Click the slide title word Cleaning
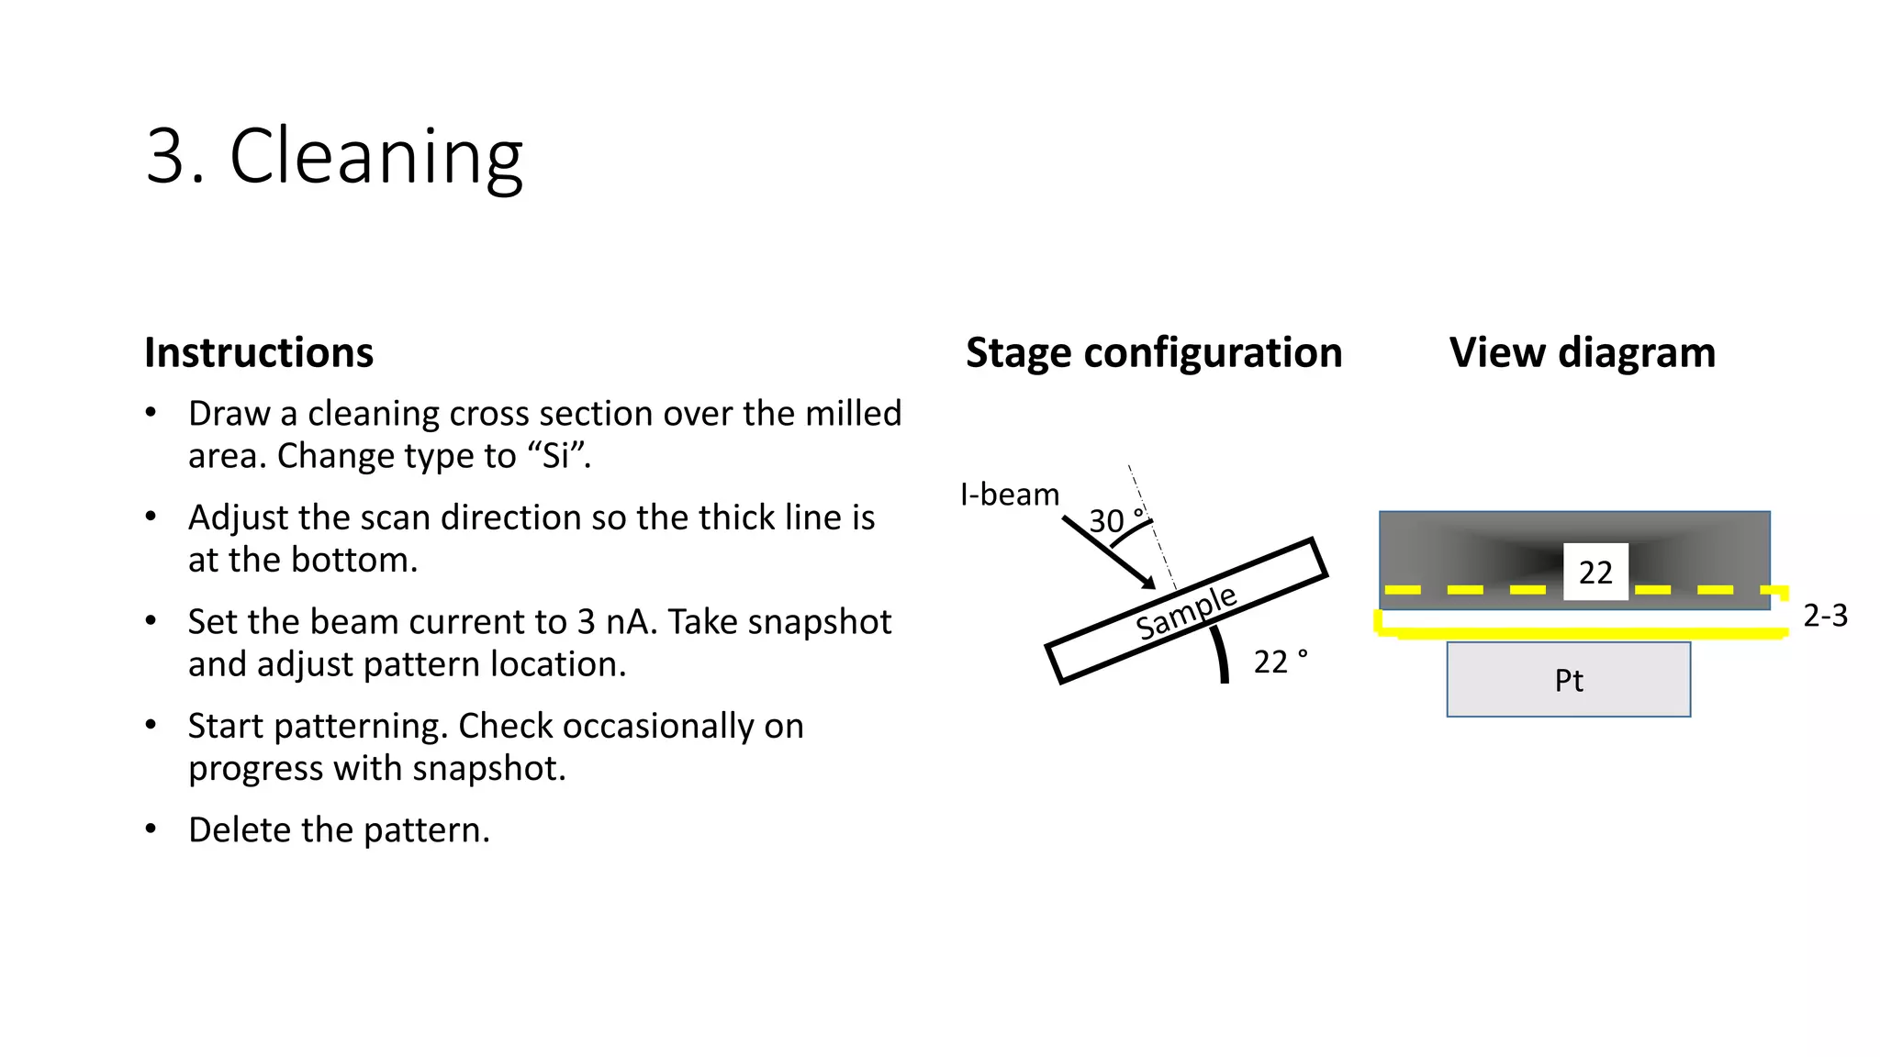pyautogui.click(x=375, y=156)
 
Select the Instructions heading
pyautogui.click(x=259, y=352)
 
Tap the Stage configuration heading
pyautogui.click(x=1154, y=352)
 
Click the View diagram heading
pyautogui.click(x=1582, y=352)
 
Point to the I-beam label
pyautogui.click(x=1009, y=495)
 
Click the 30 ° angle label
pyautogui.click(x=1114, y=520)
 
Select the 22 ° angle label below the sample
pyautogui.click(x=1280, y=662)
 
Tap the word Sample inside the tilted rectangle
pyautogui.click(x=1186, y=612)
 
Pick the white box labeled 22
pyautogui.click(x=1595, y=572)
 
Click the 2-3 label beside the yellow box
pyautogui.click(x=1825, y=616)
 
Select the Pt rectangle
pyautogui.click(x=1568, y=680)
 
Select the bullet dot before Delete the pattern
pyautogui.click(x=151, y=829)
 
